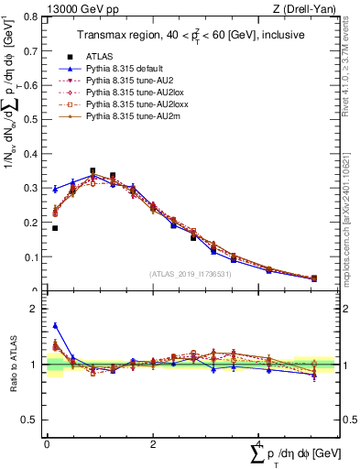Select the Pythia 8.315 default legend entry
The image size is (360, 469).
[x=119, y=69]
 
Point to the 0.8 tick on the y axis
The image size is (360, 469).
[x=34, y=17]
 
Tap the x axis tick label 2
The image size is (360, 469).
[x=153, y=443]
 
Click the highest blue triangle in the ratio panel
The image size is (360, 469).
[x=54, y=325]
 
